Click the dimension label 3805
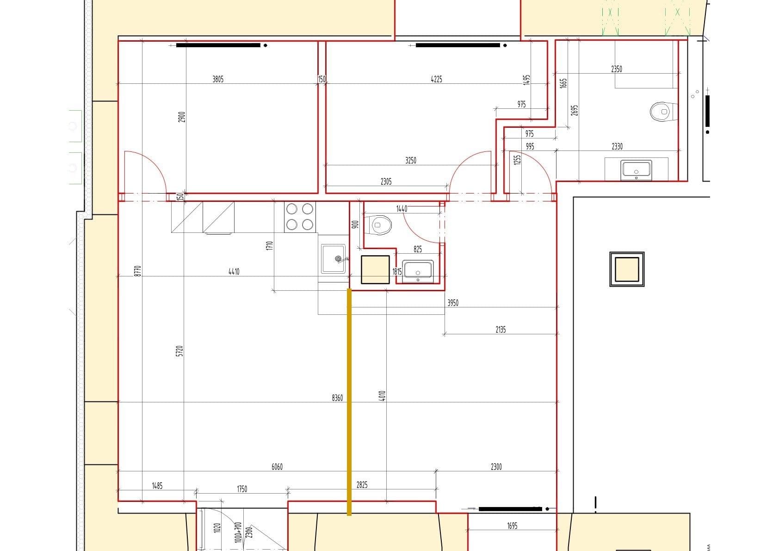tap(218, 79)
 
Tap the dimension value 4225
tap(436, 79)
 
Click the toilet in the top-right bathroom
tap(661, 112)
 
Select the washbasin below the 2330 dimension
tap(637, 169)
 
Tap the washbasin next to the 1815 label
tap(418, 270)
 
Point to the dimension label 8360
tap(337, 398)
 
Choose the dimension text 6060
tap(277, 467)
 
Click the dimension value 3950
tap(453, 303)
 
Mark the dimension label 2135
tap(501, 330)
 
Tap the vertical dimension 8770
tap(137, 271)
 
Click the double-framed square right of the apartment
tap(627, 269)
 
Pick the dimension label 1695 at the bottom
tap(512, 526)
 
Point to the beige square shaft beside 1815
tap(375, 269)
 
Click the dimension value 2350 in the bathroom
tap(617, 69)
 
